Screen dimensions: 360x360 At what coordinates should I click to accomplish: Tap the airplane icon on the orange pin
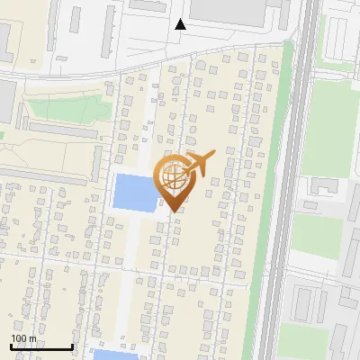click(199, 163)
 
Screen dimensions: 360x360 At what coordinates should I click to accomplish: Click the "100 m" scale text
click(23, 338)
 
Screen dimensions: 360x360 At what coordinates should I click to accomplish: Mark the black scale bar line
click(40, 346)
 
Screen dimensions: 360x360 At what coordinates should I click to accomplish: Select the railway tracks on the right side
click(301, 180)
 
